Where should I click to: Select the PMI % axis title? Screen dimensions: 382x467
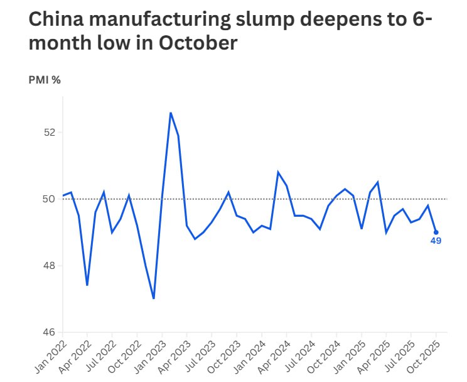(x=45, y=80)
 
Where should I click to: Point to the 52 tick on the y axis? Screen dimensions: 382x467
(x=50, y=133)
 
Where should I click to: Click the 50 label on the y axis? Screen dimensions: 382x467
(x=50, y=199)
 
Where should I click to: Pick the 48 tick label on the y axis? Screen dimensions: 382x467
(x=50, y=266)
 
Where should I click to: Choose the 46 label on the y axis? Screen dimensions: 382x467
(x=50, y=332)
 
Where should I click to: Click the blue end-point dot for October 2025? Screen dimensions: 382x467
(x=436, y=232)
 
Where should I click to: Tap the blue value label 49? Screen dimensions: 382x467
(x=436, y=241)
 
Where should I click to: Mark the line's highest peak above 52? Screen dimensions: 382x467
(x=170, y=113)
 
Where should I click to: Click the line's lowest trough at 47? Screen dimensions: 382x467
(x=154, y=298)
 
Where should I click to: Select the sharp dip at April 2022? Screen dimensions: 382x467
(x=87, y=285)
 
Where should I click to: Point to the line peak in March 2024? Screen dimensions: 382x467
(x=278, y=172)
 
